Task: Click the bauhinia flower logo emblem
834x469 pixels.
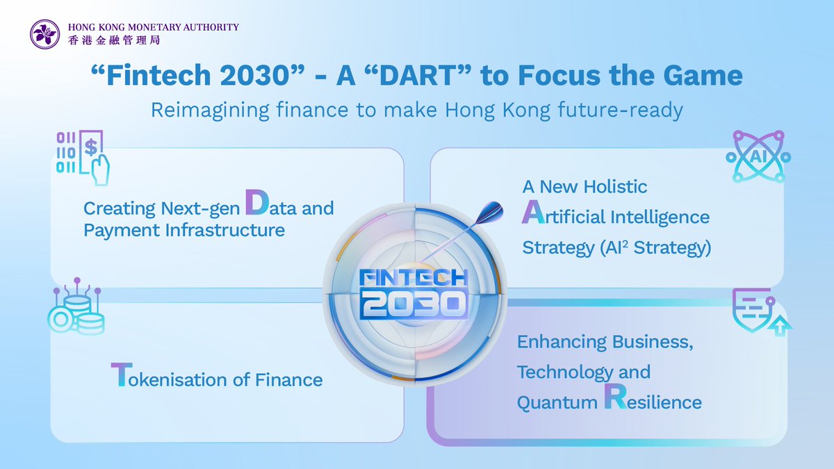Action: (44, 34)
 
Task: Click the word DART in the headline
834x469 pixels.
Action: (418, 75)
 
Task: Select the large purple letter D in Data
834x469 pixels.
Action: (257, 202)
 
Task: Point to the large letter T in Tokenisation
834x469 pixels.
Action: (122, 375)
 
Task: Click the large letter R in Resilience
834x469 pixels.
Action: (616, 397)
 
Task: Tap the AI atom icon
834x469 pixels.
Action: (758, 156)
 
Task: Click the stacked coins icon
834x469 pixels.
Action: (76, 306)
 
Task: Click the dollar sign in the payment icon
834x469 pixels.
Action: (91, 147)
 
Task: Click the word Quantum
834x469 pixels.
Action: (557, 404)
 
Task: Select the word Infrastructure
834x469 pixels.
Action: (225, 230)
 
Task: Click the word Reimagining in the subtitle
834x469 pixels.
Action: (210, 111)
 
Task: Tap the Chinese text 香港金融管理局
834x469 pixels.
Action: (114, 40)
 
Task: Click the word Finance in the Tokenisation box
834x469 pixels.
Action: (288, 380)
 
